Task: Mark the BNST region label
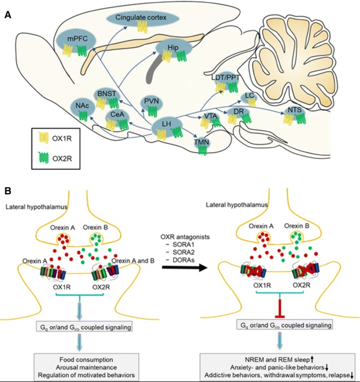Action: pos(106,94)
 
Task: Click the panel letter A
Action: pos(8,15)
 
